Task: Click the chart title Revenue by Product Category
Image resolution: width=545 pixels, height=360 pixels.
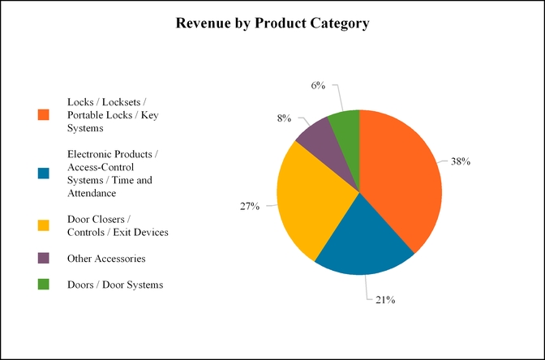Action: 272,24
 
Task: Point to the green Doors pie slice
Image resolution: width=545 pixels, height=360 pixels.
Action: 345,126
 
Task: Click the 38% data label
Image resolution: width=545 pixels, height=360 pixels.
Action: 461,161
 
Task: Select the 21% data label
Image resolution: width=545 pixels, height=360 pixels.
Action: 384,300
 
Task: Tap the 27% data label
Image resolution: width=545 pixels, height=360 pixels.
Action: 249,207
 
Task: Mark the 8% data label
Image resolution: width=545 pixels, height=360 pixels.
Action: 284,118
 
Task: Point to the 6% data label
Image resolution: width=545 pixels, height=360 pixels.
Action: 318,85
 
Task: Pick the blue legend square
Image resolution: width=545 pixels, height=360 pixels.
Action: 44,174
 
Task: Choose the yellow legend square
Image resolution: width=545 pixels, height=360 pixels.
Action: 44,225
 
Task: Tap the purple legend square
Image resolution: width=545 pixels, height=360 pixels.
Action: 44,258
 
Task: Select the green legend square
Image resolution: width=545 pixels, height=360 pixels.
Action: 44,284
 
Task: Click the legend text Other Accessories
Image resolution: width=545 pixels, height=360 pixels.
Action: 106,258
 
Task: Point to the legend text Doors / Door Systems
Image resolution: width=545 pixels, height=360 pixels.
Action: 115,284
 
